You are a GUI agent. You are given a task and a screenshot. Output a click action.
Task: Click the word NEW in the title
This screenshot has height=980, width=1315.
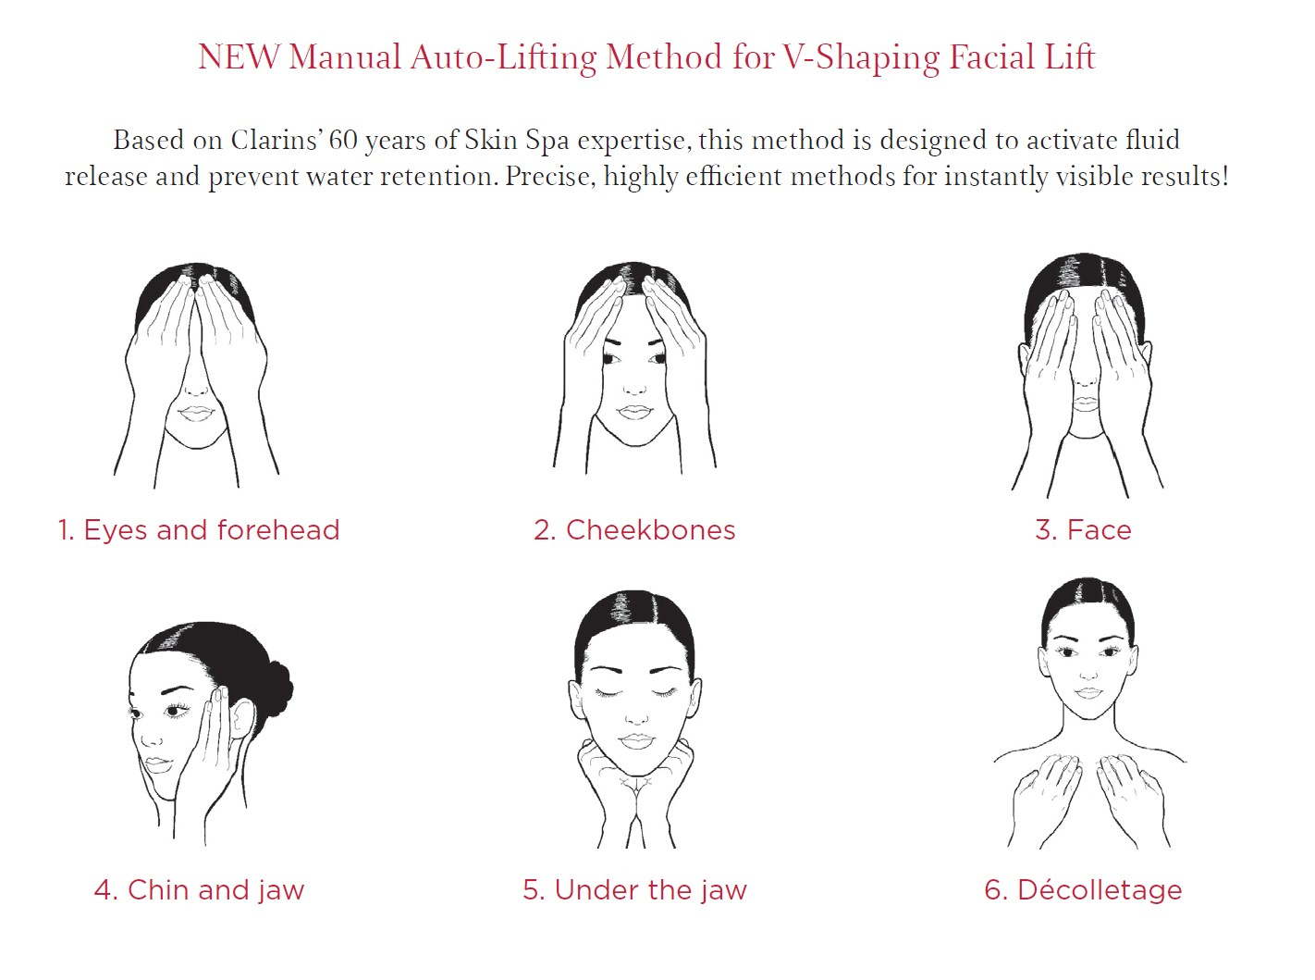[x=239, y=57]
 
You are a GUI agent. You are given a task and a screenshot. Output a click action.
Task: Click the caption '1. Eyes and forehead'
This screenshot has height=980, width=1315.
[x=199, y=529]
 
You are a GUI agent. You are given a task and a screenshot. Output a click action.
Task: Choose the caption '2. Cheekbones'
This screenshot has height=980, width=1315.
[x=634, y=529]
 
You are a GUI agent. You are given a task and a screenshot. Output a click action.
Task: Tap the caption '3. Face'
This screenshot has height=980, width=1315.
[x=1083, y=529]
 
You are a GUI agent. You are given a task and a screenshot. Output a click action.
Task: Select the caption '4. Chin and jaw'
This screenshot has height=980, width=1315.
[x=199, y=890]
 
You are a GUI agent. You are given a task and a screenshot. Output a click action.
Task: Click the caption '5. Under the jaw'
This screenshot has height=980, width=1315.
[x=634, y=890]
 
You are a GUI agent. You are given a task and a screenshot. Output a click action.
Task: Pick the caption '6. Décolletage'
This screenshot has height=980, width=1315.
[x=1083, y=890]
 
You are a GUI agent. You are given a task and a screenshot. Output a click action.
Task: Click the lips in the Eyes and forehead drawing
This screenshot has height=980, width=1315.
[x=195, y=414]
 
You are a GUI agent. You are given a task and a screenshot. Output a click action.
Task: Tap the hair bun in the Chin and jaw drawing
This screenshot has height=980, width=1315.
[x=278, y=688]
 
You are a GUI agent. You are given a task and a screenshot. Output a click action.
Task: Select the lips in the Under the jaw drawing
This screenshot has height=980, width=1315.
[x=635, y=741]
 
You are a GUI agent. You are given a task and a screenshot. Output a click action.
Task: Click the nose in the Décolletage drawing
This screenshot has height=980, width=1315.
[x=1088, y=674]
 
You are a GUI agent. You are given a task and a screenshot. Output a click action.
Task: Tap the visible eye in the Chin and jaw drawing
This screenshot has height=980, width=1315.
[x=174, y=710]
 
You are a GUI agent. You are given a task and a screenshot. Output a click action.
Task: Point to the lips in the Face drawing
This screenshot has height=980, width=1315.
[x=1087, y=403]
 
